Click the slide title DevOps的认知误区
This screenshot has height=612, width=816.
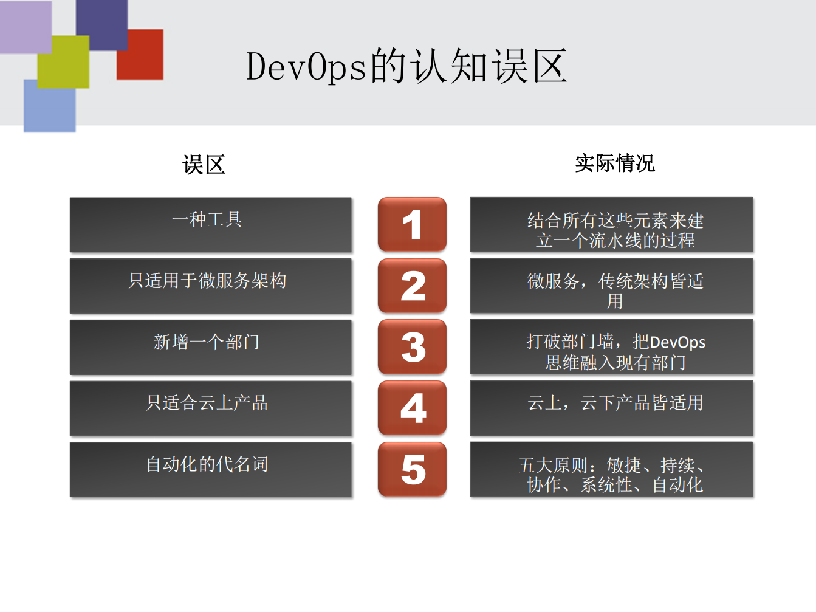point(406,66)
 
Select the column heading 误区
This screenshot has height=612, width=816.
point(204,165)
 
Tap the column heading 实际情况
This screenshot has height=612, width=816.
point(614,163)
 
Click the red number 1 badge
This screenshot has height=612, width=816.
point(412,224)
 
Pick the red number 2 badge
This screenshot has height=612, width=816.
point(412,286)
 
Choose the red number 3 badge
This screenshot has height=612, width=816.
point(412,347)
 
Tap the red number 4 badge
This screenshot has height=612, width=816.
point(412,408)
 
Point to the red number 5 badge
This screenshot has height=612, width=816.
point(412,469)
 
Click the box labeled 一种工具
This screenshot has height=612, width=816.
point(211,224)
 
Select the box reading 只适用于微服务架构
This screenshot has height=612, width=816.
point(211,286)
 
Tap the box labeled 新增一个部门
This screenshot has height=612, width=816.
point(211,347)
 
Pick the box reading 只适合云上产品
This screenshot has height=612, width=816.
point(211,408)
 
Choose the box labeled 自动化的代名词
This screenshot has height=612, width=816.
point(211,469)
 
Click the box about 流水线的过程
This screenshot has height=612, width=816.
point(611,224)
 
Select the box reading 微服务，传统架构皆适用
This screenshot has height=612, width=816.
point(611,286)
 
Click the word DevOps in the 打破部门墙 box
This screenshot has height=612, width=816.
point(677,342)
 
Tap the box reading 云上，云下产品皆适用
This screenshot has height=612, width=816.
point(611,408)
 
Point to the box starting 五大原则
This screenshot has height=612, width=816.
point(611,469)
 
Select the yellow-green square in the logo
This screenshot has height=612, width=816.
point(63,61)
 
